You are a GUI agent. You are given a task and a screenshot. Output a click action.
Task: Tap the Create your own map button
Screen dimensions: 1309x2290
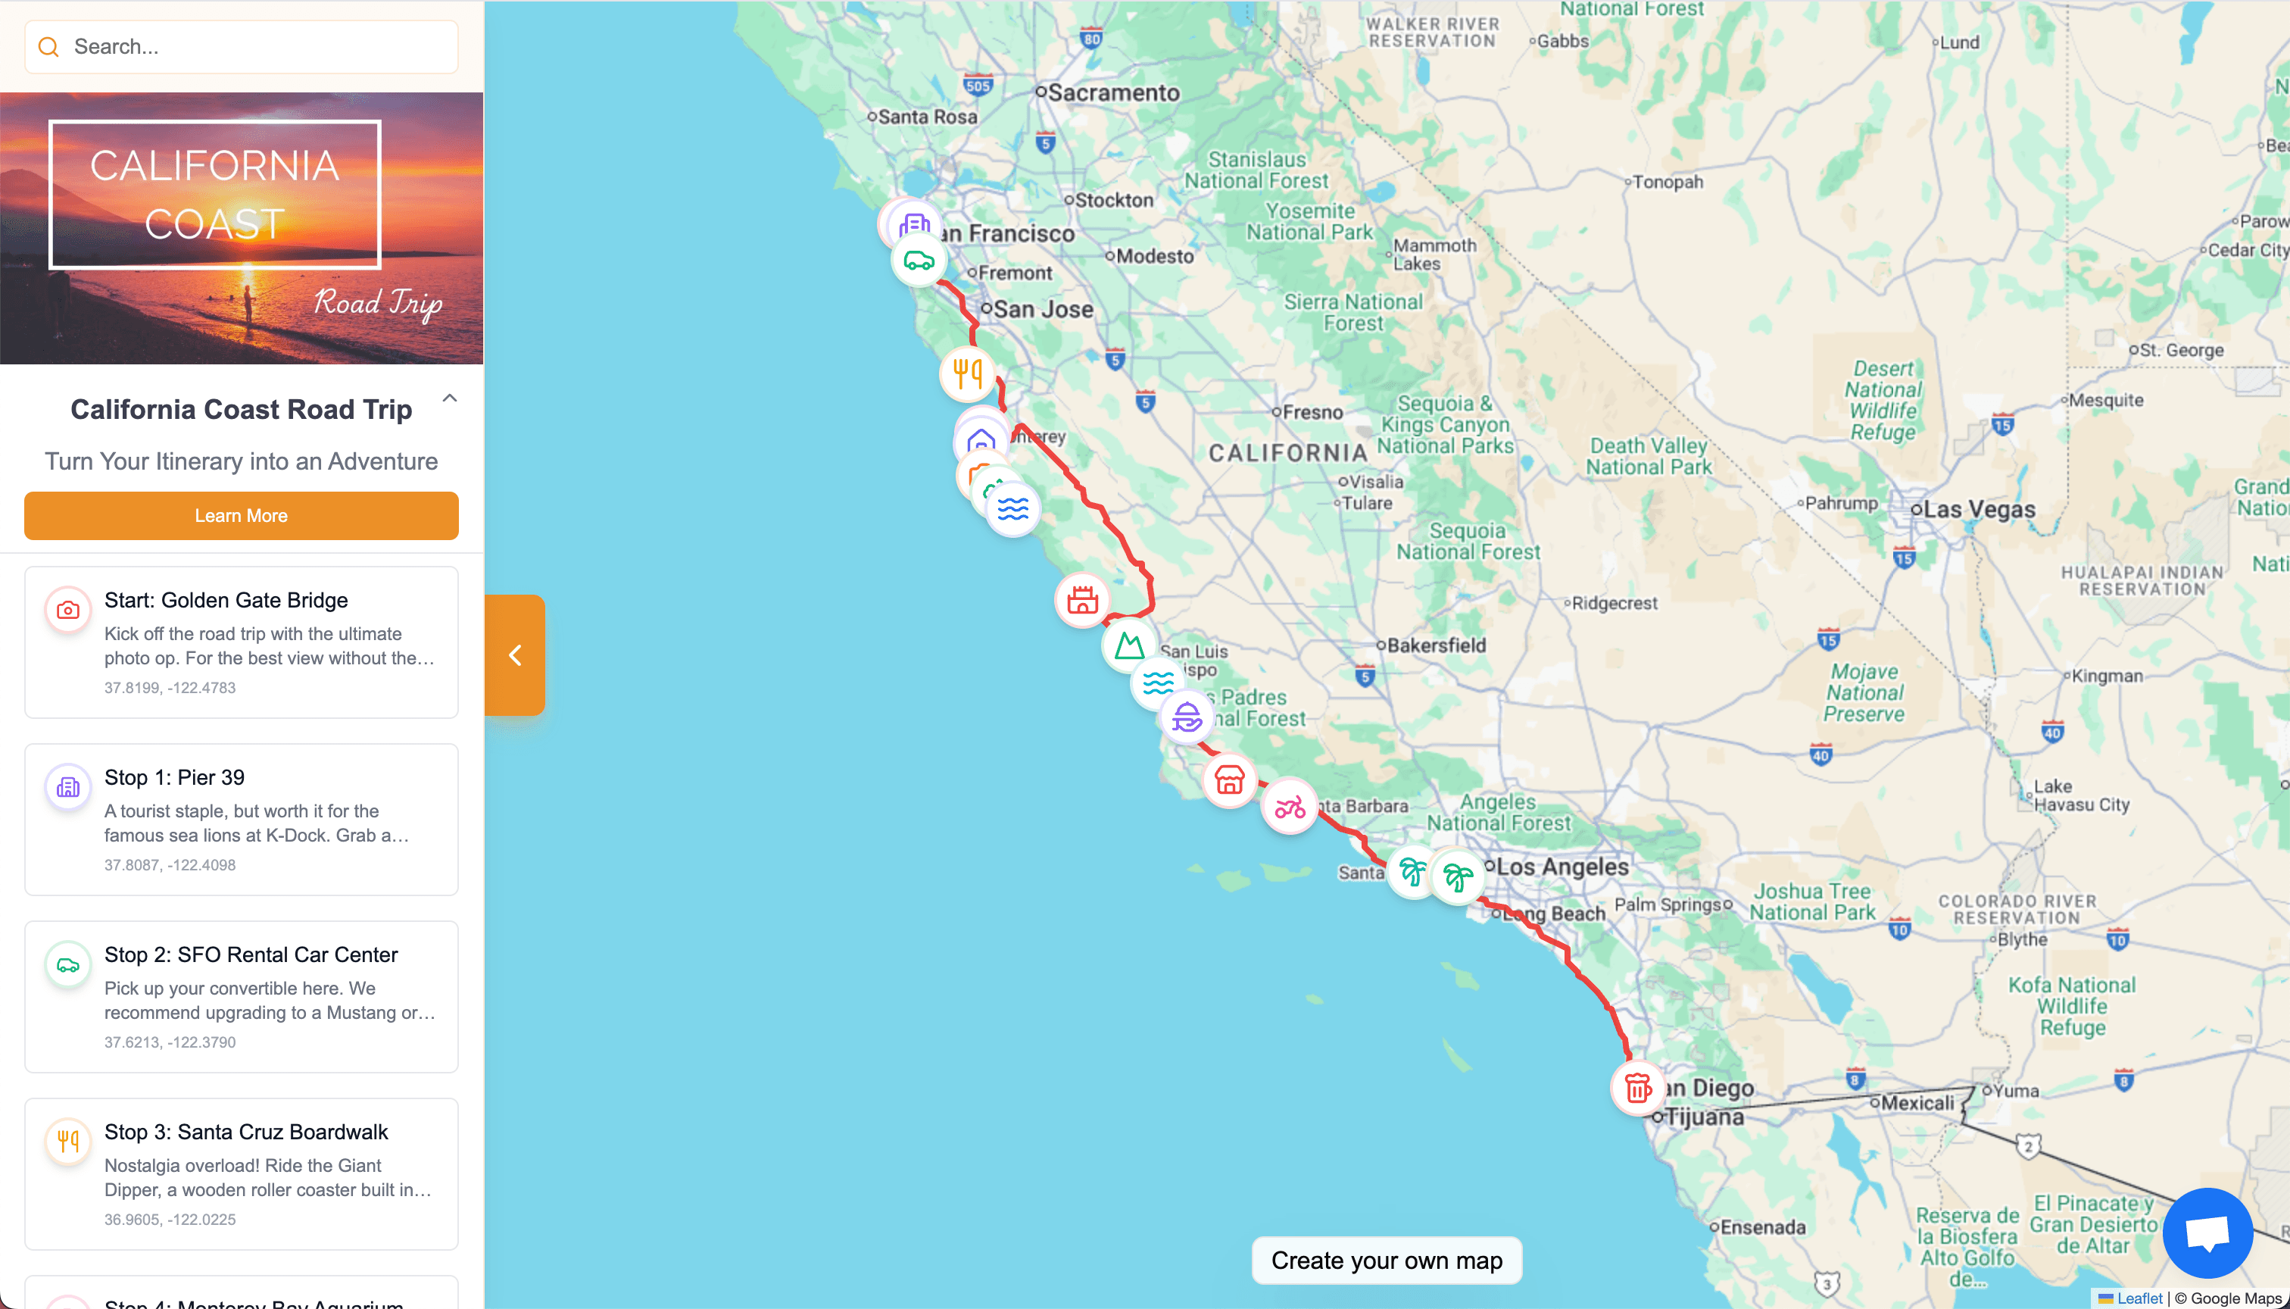(1386, 1261)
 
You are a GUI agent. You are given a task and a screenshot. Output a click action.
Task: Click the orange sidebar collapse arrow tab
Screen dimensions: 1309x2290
(515, 654)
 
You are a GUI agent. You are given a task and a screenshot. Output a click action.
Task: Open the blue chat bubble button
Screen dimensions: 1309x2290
(2207, 1232)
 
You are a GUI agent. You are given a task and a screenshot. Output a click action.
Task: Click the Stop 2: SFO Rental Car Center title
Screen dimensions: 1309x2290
(251, 954)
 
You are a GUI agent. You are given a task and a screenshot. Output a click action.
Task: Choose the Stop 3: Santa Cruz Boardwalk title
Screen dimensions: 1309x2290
(246, 1131)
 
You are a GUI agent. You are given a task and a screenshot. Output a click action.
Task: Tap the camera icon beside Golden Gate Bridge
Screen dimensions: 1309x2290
(68, 611)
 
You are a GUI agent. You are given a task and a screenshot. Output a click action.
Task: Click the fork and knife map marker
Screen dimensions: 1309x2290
(967, 373)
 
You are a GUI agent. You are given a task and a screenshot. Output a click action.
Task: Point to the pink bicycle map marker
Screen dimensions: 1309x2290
(1290, 807)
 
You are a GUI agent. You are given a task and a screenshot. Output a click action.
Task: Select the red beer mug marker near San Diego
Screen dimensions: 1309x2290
(1637, 1088)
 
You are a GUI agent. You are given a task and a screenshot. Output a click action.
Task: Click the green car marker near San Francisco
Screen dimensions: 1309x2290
(919, 261)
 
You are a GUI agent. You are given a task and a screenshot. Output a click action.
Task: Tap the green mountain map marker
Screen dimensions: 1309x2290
(1129, 645)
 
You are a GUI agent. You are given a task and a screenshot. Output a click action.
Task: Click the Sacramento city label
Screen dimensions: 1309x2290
(1112, 92)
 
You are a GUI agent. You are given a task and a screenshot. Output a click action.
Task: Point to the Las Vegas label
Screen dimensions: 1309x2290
(1978, 510)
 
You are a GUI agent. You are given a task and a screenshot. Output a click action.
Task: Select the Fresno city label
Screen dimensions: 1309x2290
(1312, 413)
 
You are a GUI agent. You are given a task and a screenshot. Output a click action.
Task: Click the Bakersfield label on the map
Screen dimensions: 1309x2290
(1435, 645)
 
